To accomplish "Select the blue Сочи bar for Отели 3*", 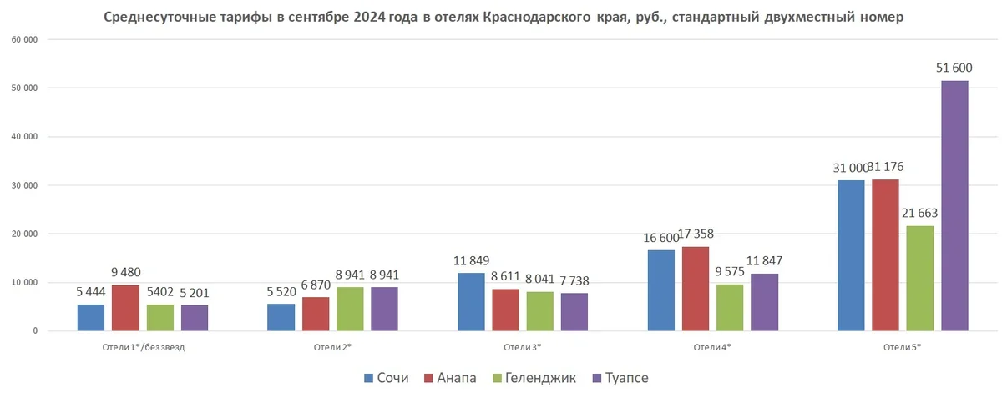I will (470, 302).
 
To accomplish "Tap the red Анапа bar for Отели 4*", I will (695, 289).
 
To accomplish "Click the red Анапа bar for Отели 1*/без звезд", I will (125, 308).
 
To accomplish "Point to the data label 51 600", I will (955, 68).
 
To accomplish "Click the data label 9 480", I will (125, 272).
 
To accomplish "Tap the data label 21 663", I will (919, 213).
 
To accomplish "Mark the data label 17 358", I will (695, 234).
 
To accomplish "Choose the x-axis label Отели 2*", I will (331, 347).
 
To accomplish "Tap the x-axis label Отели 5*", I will (903, 347).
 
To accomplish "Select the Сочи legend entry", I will (386, 378).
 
